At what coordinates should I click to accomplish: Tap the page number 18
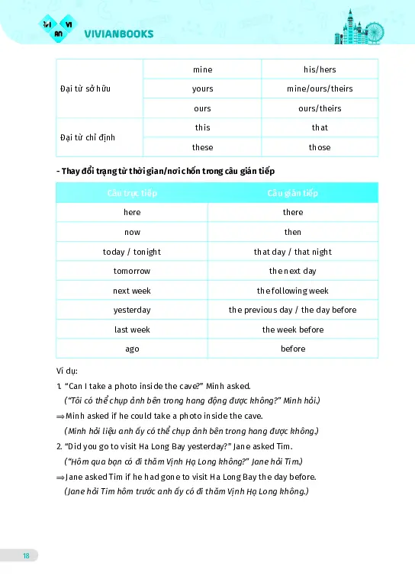(x=27, y=555)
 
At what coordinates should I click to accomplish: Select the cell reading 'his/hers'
(x=320, y=69)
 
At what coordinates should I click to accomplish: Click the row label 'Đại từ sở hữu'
(x=85, y=88)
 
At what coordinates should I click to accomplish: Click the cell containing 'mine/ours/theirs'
(x=320, y=88)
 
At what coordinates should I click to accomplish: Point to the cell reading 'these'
(x=202, y=147)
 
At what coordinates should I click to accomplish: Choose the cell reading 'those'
(x=320, y=147)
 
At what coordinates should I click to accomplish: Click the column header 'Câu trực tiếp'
(x=132, y=193)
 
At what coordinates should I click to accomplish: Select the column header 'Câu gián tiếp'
(x=293, y=193)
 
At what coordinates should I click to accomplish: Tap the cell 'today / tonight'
(x=132, y=252)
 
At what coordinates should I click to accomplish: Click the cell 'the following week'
(x=293, y=291)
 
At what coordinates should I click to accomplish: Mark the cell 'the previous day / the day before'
(x=293, y=310)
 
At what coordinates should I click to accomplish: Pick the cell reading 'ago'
(x=132, y=349)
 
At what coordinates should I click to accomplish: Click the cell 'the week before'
(x=293, y=330)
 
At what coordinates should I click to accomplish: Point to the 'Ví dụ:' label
(x=68, y=372)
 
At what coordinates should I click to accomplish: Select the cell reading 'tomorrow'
(x=132, y=271)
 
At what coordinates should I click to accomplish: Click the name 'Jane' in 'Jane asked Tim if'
(x=74, y=477)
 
